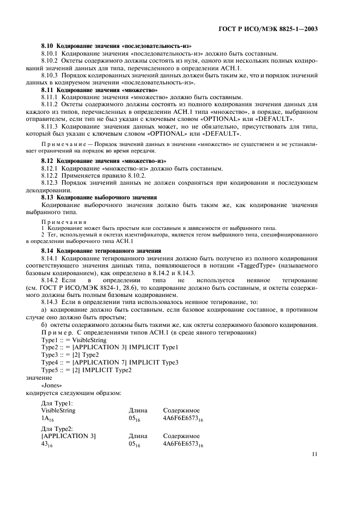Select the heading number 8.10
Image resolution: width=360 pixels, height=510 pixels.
click(x=49, y=47)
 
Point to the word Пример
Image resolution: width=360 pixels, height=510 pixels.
click(x=57, y=332)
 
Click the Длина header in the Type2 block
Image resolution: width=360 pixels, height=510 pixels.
click(x=137, y=436)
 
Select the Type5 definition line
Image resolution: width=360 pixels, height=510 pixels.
click(x=86, y=370)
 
